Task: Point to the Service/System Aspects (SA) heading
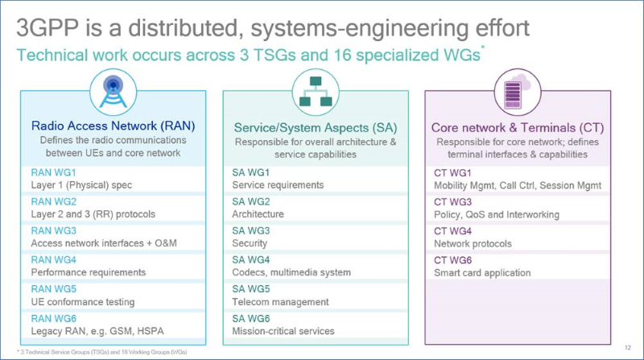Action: point(315,127)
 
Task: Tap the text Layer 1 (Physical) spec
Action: point(82,185)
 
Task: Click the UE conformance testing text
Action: point(82,302)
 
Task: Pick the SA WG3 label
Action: point(252,230)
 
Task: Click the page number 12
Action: point(626,347)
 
